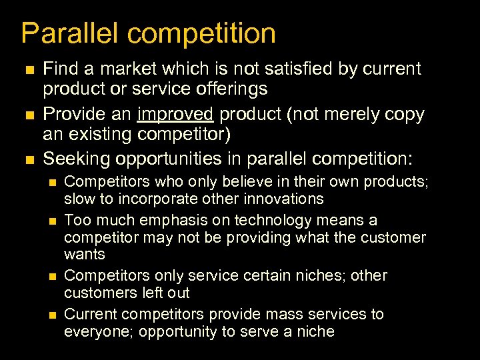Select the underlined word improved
click(175, 115)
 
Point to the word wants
click(85, 254)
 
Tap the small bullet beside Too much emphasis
click(54, 221)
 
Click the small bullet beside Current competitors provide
click(54, 315)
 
